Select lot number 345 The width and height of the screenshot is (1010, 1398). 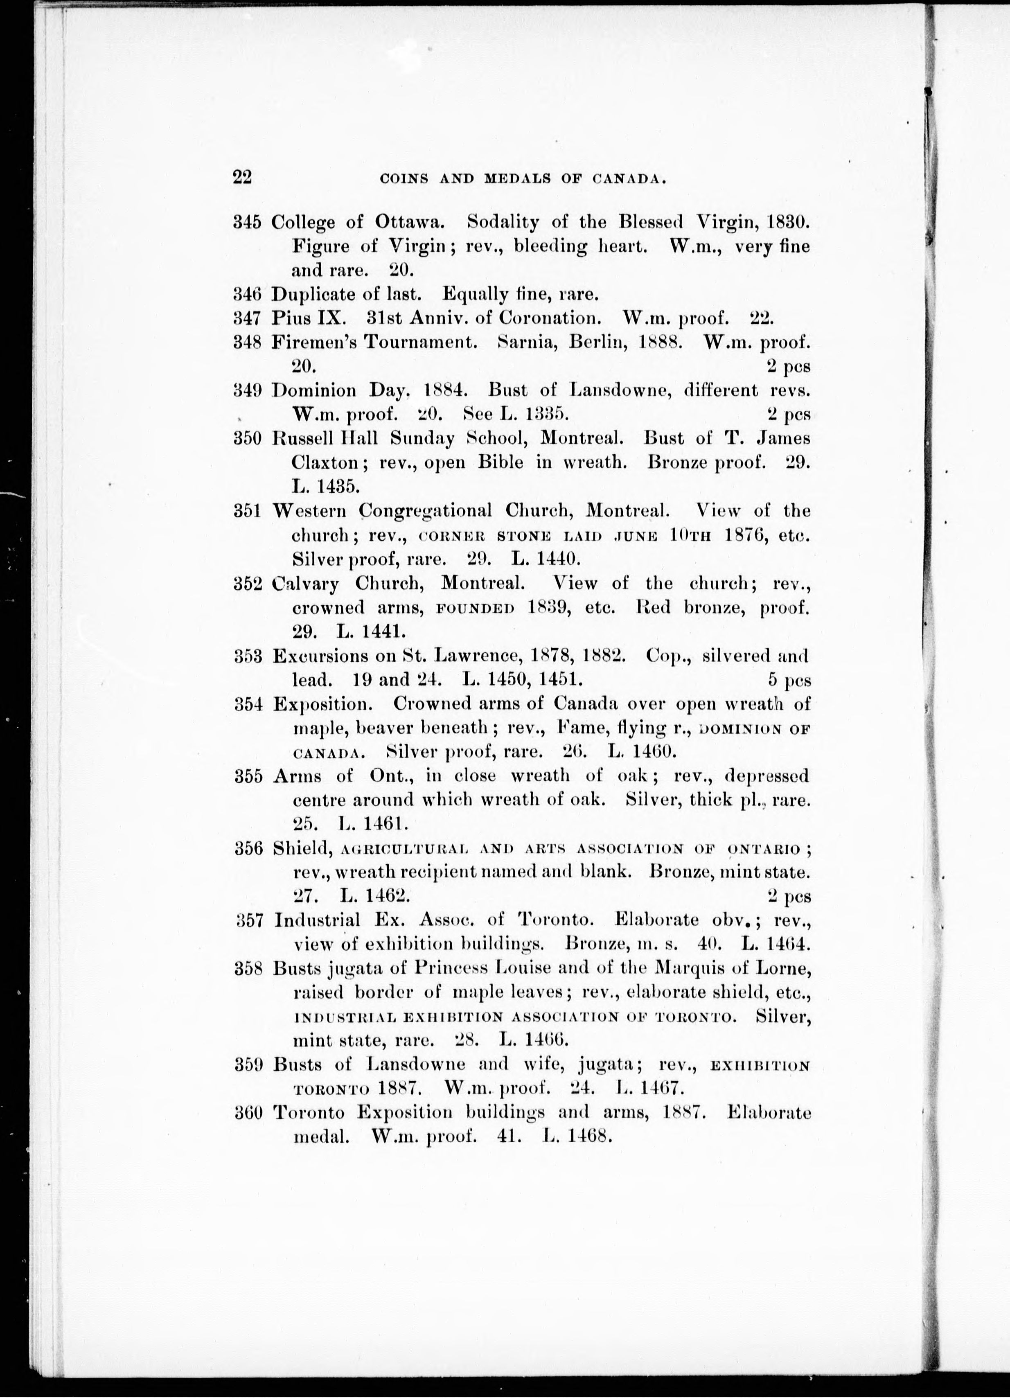coord(248,222)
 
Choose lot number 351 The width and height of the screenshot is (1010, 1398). coord(248,511)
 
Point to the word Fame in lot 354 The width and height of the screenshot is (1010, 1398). coord(576,728)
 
